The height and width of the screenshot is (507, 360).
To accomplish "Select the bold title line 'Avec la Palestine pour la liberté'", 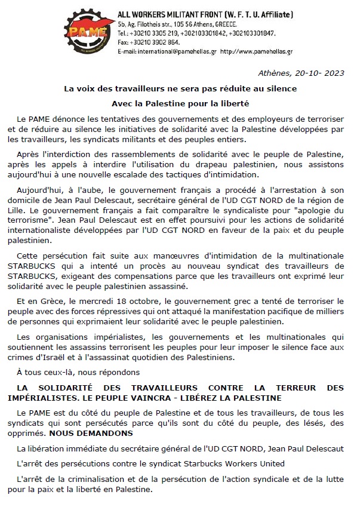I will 180,102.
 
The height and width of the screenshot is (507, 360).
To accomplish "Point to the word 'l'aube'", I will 75,188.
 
